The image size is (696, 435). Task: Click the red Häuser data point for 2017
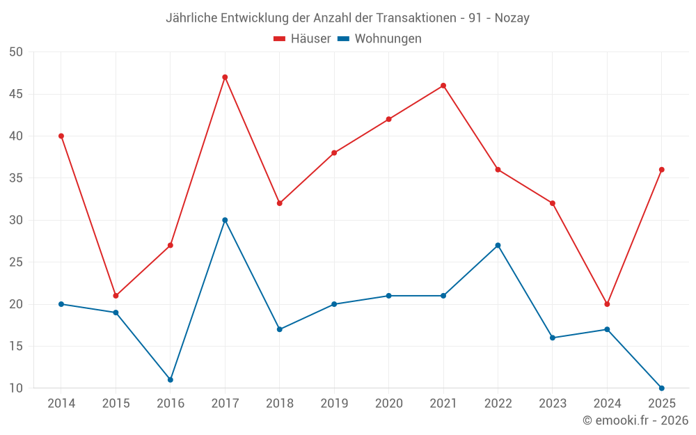click(225, 77)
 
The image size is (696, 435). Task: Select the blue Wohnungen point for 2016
click(171, 380)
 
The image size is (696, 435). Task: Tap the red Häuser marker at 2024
click(607, 304)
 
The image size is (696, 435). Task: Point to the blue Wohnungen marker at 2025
click(662, 388)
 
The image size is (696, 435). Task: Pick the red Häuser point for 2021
click(443, 86)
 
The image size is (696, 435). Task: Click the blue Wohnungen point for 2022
click(498, 246)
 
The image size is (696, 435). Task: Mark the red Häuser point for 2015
click(116, 296)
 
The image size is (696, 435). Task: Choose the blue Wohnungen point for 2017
click(225, 220)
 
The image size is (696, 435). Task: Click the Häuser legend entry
click(302, 38)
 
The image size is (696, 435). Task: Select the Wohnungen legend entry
click(379, 38)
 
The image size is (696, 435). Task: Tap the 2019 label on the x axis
click(334, 403)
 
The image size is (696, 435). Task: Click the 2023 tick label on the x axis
click(553, 403)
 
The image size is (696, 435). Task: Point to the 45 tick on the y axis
click(16, 94)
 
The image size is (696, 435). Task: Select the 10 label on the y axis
click(16, 388)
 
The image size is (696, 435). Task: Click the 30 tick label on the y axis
click(16, 220)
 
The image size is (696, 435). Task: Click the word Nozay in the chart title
click(512, 18)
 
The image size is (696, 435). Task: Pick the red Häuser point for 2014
click(61, 136)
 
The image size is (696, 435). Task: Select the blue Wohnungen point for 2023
click(553, 338)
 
